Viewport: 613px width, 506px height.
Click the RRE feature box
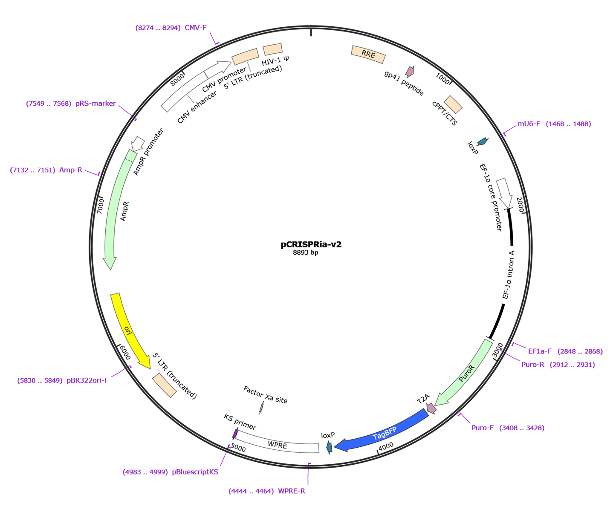point(368,55)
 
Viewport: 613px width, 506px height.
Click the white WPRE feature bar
point(278,445)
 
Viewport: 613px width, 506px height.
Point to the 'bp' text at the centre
point(315,253)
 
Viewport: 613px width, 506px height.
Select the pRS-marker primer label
point(71,104)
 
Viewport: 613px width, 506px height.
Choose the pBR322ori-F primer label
point(64,380)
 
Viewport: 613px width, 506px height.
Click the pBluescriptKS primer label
point(171,472)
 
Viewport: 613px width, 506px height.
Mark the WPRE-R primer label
point(267,492)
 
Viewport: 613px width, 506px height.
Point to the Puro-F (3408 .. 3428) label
point(508,428)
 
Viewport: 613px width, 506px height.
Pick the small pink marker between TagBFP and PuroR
point(431,408)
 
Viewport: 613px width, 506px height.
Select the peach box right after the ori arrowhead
point(165,385)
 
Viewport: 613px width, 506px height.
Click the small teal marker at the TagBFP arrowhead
point(329,447)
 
